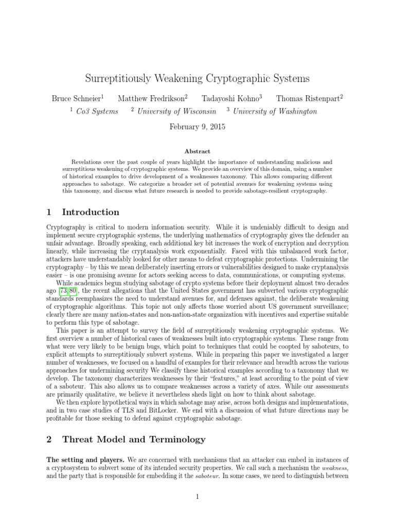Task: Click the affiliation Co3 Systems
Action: point(101,111)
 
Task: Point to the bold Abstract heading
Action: point(197,151)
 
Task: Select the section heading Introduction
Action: point(91,212)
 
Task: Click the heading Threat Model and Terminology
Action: point(134,440)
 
